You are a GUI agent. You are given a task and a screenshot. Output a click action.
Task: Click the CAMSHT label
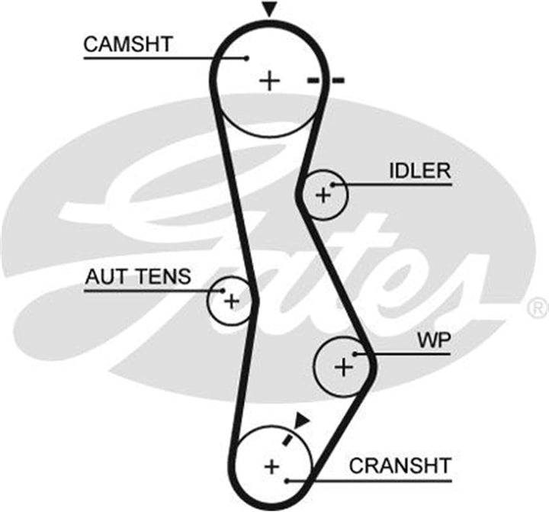128,44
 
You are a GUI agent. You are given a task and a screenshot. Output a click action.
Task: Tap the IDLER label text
420,171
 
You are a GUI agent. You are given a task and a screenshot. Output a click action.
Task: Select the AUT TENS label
138,276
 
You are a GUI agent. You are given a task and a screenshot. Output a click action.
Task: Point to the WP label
434,340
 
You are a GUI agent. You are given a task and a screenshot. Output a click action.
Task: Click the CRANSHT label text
400,465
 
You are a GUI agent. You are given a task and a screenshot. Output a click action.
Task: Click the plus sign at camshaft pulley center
269,81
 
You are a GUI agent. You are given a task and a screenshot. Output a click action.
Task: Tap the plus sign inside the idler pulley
323,195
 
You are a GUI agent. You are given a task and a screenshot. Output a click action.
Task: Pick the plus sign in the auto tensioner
232,301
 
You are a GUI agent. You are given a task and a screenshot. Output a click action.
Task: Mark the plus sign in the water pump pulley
344,367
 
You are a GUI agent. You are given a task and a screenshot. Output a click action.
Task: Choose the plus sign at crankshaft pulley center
271,466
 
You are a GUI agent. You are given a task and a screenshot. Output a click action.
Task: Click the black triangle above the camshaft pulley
269,9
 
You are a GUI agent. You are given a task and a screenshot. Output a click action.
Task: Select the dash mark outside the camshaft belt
338,81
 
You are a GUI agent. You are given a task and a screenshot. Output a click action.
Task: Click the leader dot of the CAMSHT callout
246,58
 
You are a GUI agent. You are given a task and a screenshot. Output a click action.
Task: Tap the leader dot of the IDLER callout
333,185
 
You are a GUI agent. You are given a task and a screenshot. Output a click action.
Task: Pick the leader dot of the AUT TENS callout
223,291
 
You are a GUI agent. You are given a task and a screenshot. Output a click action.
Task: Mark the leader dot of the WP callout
355,354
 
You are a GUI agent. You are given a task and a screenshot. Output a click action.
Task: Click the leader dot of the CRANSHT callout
287,481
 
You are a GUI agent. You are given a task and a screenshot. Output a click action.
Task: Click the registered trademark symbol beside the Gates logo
538,308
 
